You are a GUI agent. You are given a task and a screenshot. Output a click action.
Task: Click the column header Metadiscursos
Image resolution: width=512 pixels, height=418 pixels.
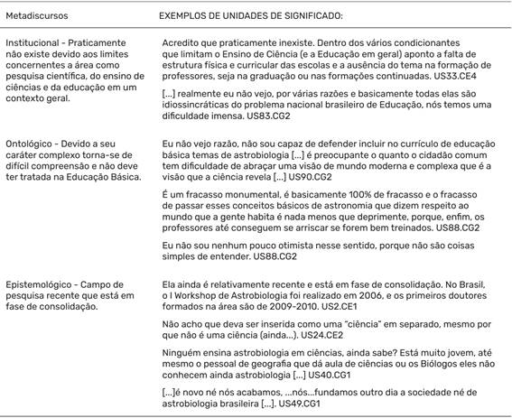[x=36, y=16]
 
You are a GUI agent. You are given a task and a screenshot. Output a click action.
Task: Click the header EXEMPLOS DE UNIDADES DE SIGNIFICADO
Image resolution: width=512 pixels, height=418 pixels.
[x=256, y=16]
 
